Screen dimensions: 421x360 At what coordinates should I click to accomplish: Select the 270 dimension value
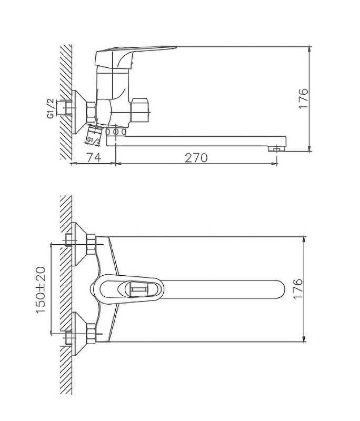point(196,157)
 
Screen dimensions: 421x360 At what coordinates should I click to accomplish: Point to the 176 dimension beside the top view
point(299,289)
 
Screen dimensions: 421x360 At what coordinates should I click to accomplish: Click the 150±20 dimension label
point(41,289)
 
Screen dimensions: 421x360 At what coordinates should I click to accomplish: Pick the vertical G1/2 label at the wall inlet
point(51,108)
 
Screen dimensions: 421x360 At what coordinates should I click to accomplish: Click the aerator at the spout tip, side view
point(275,149)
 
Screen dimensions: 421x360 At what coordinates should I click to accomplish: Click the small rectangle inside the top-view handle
point(137,289)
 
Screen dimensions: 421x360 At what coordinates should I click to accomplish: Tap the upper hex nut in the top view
point(91,242)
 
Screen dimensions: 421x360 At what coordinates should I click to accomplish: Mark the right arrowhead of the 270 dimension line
point(274,163)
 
